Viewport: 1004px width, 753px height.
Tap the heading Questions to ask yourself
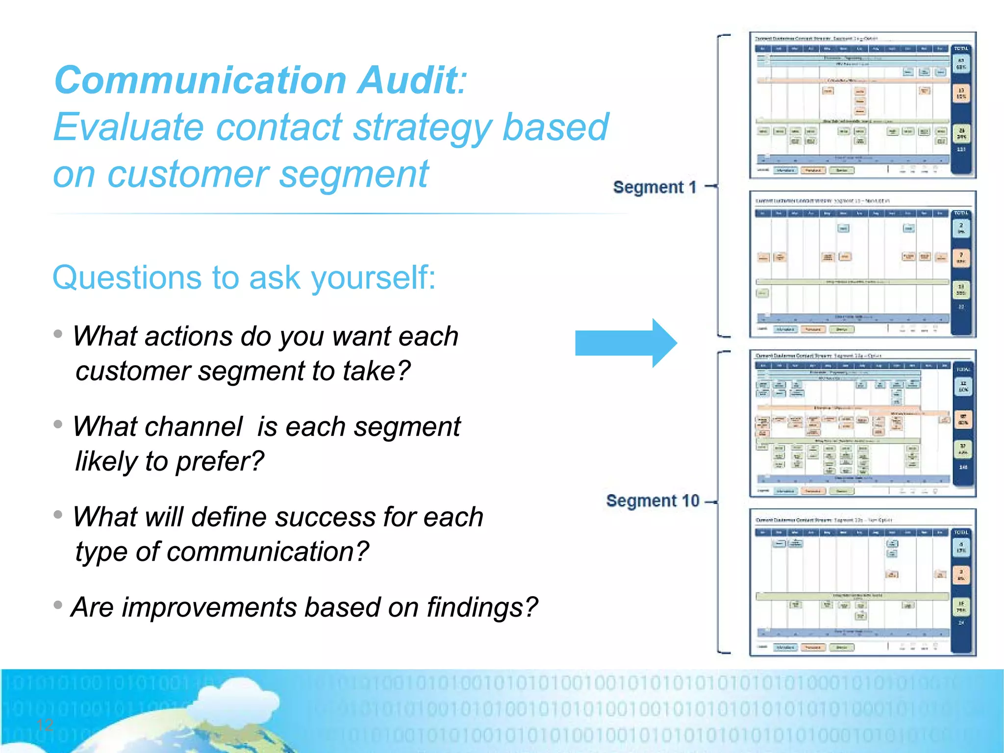coord(244,277)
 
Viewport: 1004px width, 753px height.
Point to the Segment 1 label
coord(654,187)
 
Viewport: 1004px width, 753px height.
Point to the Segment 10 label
coord(652,501)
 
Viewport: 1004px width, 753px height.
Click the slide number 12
coord(45,725)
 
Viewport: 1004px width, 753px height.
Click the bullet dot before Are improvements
coord(58,605)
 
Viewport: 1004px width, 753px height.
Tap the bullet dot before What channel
coord(58,424)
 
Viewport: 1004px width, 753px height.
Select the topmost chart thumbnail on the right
coord(862,105)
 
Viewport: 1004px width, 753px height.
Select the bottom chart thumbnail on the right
coord(862,582)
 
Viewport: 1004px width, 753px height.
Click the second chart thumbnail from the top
coord(862,265)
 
